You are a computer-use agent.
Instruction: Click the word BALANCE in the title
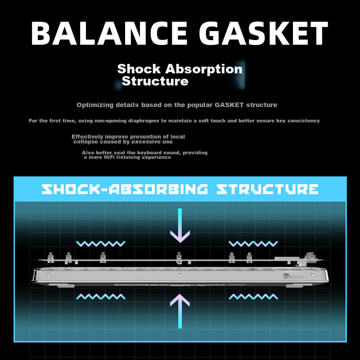[x=109, y=33]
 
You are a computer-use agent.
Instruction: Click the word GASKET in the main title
[x=264, y=33]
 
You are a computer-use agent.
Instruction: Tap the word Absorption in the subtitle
[x=204, y=69]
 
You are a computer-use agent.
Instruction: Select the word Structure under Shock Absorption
[x=155, y=81]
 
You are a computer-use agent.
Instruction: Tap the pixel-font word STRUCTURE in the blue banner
[x=267, y=189]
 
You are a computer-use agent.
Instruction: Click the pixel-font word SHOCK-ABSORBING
[x=125, y=189]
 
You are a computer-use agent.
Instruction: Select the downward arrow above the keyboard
[x=180, y=225]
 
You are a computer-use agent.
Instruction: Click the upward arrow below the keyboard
[x=180, y=311]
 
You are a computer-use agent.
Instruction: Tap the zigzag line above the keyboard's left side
[x=101, y=243]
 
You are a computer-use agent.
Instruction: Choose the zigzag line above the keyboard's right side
[x=253, y=243]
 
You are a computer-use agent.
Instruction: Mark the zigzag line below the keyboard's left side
[x=101, y=297]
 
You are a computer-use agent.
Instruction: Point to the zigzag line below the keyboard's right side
[x=253, y=297]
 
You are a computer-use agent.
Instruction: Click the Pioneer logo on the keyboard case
[x=293, y=277]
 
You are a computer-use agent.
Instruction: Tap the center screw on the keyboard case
[x=180, y=275]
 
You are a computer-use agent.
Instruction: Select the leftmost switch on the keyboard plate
[x=50, y=257]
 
